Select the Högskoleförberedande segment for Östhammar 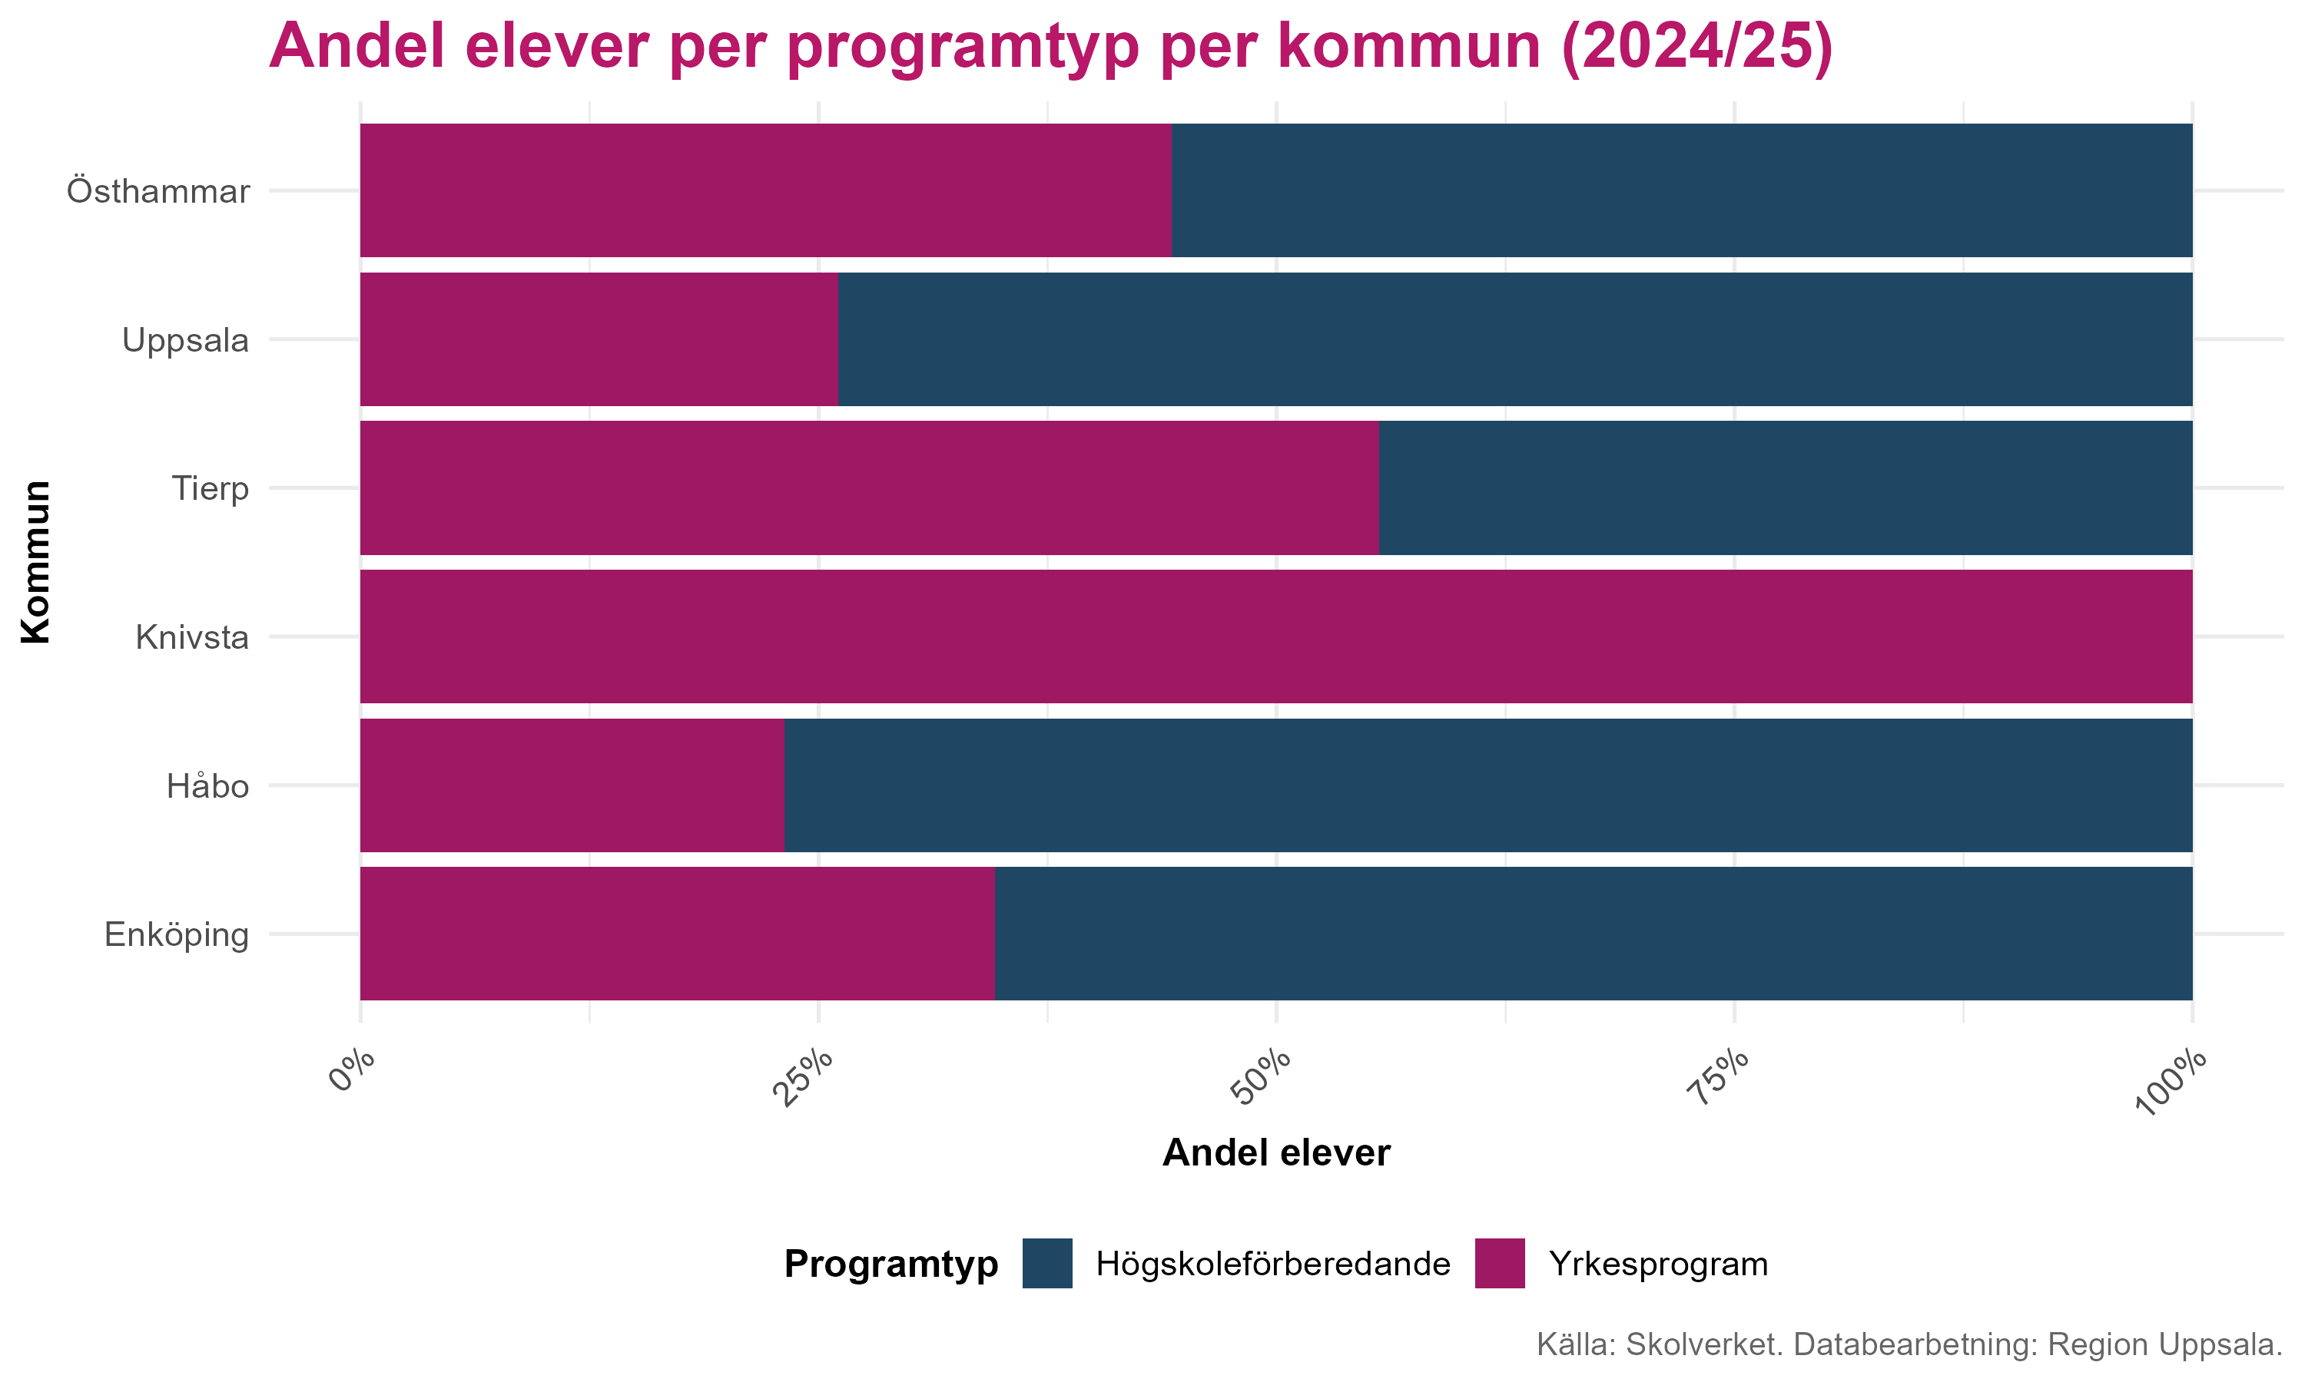[x=1681, y=190]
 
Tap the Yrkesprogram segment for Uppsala [x=598, y=339]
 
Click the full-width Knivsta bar [x=1275, y=636]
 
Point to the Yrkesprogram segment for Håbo [x=571, y=785]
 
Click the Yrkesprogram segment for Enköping [x=676, y=933]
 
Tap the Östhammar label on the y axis [x=158, y=192]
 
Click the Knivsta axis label [x=192, y=638]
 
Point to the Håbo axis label [x=207, y=787]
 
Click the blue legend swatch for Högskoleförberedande [x=1046, y=1263]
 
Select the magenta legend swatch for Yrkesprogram [x=1499, y=1263]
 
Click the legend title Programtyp [x=890, y=1264]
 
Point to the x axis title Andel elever [x=1275, y=1153]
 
